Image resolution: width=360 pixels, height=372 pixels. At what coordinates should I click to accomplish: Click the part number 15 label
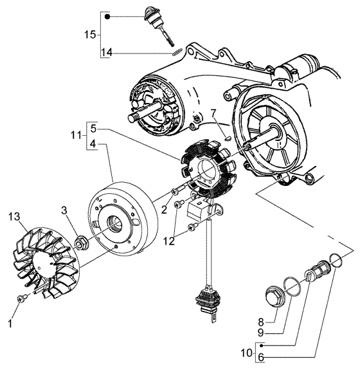point(90,35)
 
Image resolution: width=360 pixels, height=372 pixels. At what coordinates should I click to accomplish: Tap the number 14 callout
point(107,52)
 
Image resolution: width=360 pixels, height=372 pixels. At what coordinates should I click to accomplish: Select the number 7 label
point(213,114)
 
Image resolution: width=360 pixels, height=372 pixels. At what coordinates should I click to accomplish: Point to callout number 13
point(14,217)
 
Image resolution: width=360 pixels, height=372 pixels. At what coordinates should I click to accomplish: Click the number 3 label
point(64,210)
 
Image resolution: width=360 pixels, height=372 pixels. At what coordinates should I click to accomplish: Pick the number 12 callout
point(168,241)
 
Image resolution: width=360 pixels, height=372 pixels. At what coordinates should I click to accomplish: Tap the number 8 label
point(261,322)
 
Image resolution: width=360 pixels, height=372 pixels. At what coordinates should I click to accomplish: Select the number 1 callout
point(10,324)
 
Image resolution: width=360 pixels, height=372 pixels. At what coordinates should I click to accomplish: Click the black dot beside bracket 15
point(107,17)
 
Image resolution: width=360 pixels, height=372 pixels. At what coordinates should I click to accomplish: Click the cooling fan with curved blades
point(46,263)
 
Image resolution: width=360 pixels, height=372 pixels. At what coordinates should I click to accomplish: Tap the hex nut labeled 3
point(81,243)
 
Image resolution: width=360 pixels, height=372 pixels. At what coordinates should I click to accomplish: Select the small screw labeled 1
point(22,299)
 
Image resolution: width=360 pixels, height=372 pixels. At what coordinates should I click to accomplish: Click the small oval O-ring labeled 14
point(177,51)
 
